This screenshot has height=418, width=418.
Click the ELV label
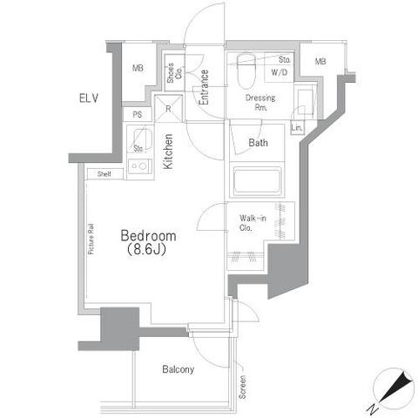pyautogui.click(x=90, y=97)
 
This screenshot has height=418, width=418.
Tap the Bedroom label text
pyautogui.click(x=148, y=236)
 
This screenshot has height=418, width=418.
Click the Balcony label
pyautogui.click(x=178, y=369)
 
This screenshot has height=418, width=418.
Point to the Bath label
pyautogui.click(x=259, y=143)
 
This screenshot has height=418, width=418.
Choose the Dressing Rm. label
pyautogui.click(x=260, y=103)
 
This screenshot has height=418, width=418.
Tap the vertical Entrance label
pyautogui.click(x=204, y=87)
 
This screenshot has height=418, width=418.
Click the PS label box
pyautogui.click(x=138, y=114)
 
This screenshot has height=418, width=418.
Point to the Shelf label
pyautogui.click(x=104, y=173)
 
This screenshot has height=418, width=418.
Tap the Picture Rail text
pyautogui.click(x=91, y=238)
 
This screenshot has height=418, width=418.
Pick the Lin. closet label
pyautogui.click(x=297, y=129)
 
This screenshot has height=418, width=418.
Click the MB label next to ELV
pyautogui.click(x=138, y=69)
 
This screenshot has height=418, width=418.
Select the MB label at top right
pyautogui.click(x=320, y=61)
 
